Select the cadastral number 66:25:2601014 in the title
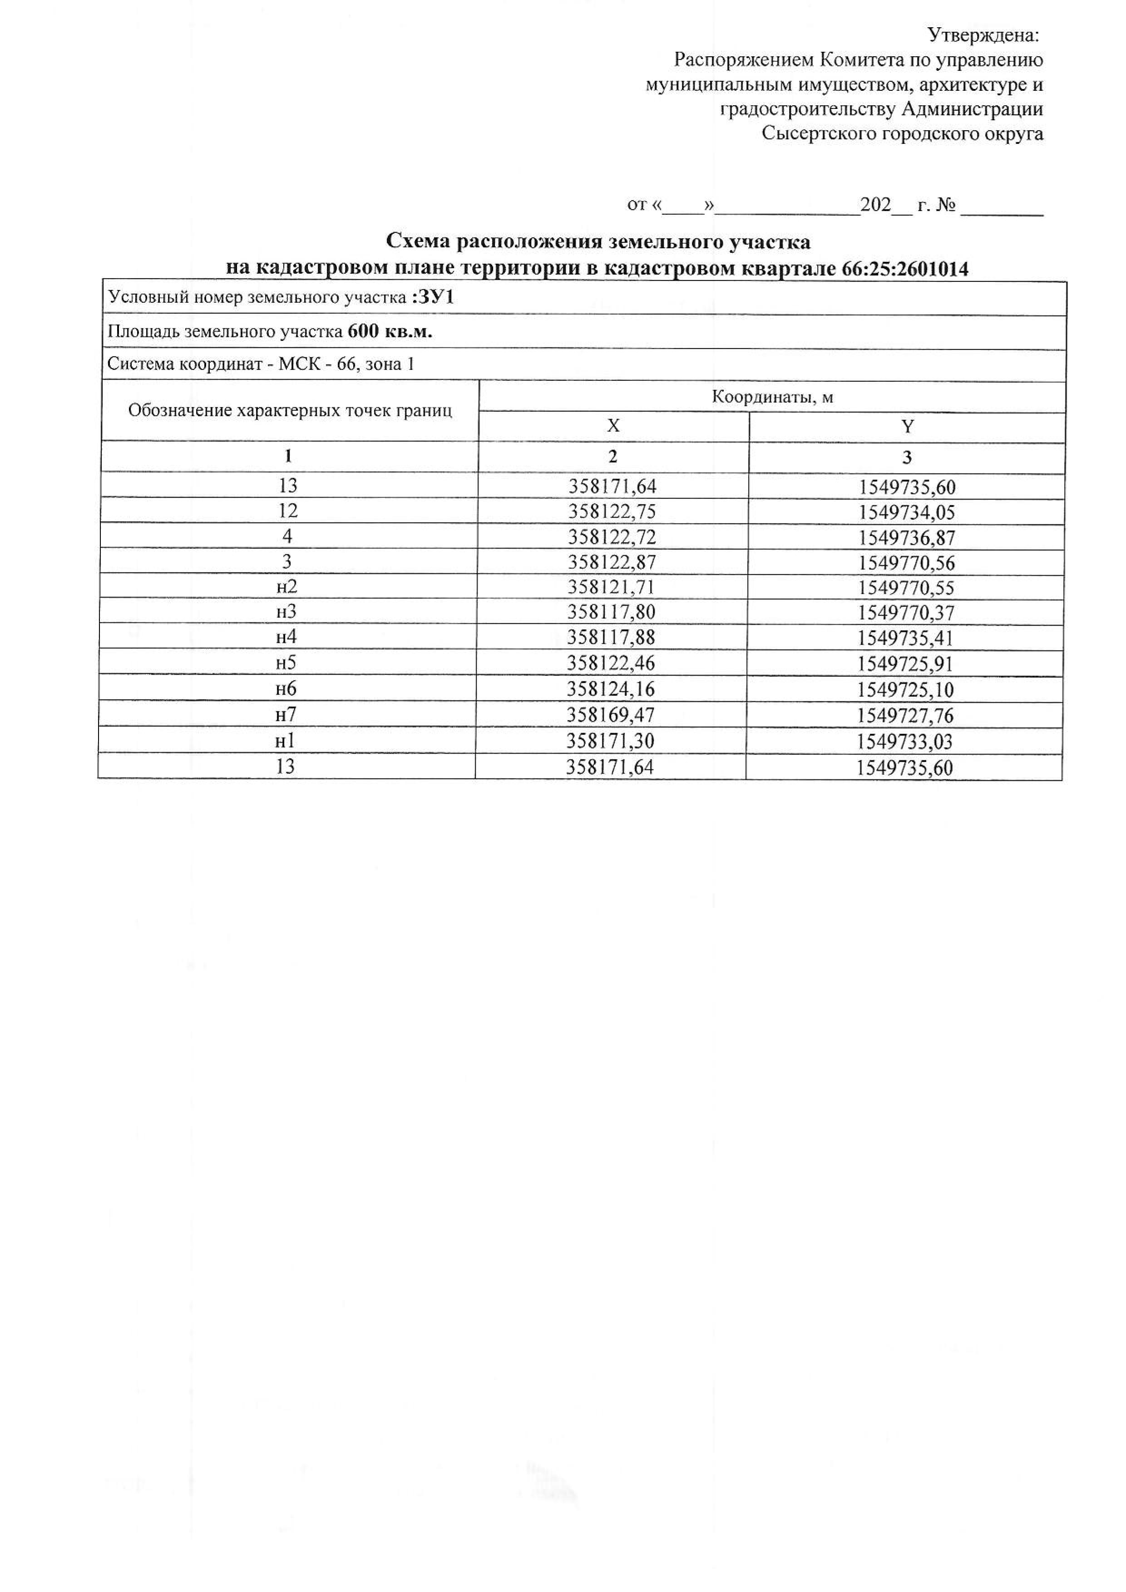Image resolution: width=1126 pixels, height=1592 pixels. [x=905, y=269]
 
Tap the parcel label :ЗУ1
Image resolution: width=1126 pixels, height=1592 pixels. [x=433, y=298]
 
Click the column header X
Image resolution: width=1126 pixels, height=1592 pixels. [x=613, y=426]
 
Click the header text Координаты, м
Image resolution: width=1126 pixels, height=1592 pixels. [x=772, y=397]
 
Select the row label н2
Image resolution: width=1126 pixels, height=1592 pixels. [x=286, y=587]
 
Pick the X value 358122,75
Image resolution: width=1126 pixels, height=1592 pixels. [x=612, y=512]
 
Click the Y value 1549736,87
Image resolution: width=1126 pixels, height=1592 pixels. [x=907, y=537]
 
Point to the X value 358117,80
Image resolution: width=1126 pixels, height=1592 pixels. [x=612, y=612]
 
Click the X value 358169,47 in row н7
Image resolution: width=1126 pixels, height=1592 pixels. [x=611, y=715]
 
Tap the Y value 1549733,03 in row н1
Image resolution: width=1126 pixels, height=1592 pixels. [x=905, y=742]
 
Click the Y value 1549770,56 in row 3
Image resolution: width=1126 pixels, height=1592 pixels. [x=907, y=562]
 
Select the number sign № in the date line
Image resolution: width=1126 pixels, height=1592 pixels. [x=946, y=205]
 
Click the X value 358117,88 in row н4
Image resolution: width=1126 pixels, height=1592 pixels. [x=612, y=637]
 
